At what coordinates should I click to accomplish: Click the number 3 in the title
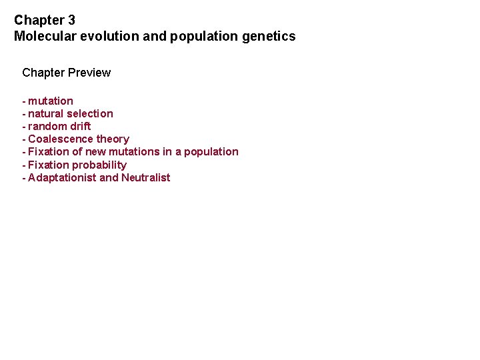[71, 21]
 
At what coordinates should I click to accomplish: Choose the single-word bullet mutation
[51, 101]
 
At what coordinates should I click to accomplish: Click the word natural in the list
[46, 114]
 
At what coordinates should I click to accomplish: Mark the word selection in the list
[90, 114]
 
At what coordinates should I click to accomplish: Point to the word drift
[80, 127]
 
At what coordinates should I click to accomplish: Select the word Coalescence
[61, 139]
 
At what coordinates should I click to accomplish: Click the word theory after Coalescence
[113, 139]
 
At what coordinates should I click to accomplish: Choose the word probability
[99, 165]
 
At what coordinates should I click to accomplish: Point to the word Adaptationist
[62, 178]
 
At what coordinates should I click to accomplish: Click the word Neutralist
[145, 178]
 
